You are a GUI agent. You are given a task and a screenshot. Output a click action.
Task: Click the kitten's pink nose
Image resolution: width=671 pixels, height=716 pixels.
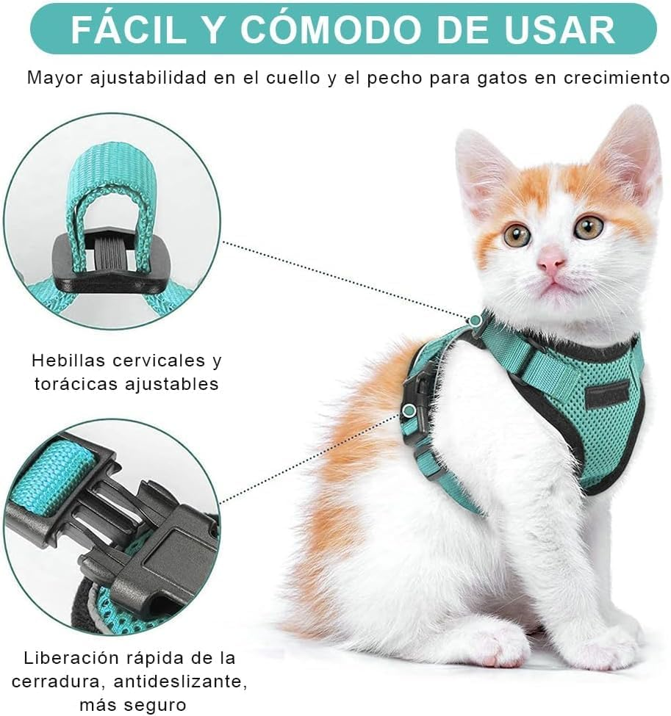click(x=550, y=259)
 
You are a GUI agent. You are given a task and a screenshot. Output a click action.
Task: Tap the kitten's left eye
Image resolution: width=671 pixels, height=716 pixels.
click(x=517, y=234)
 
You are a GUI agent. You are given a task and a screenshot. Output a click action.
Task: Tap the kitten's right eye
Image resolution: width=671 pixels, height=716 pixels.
click(x=588, y=227)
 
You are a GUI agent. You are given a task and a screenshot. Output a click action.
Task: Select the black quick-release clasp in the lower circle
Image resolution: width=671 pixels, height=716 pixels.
click(x=125, y=529)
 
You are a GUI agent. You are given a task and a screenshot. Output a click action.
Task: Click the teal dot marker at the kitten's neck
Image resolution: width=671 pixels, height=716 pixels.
click(x=476, y=320)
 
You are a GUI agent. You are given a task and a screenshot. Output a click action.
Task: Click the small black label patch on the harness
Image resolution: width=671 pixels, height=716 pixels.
click(x=606, y=394)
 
